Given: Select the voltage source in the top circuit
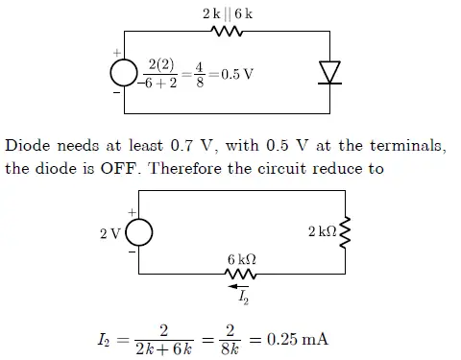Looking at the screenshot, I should click(123, 73).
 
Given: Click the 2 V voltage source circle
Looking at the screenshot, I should click(137, 231).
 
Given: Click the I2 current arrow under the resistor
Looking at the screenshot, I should click(238, 285).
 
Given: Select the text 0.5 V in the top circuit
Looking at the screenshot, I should click(231, 74).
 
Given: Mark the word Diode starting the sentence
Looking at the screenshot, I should click(27, 147).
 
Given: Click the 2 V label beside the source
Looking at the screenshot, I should click(109, 231).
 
